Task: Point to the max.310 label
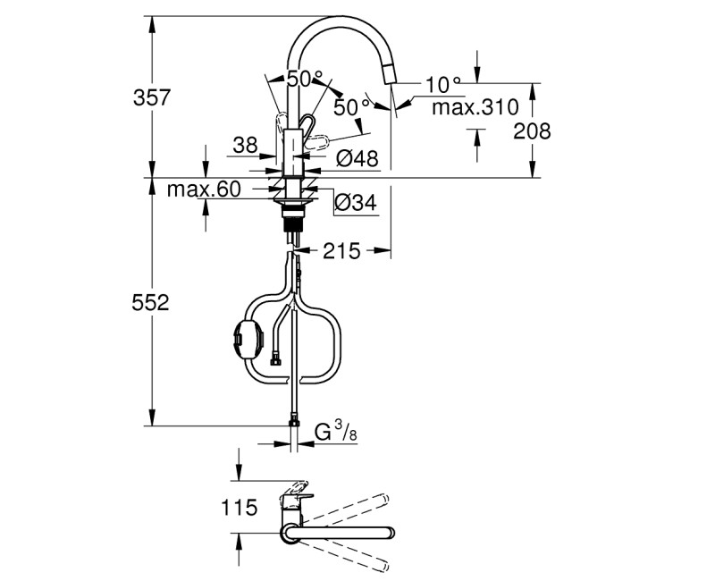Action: (475, 108)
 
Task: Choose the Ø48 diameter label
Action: (357, 160)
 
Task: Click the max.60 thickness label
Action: (204, 189)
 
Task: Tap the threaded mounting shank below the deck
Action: (290, 223)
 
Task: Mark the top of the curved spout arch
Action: (335, 20)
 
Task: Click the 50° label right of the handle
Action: (350, 107)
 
